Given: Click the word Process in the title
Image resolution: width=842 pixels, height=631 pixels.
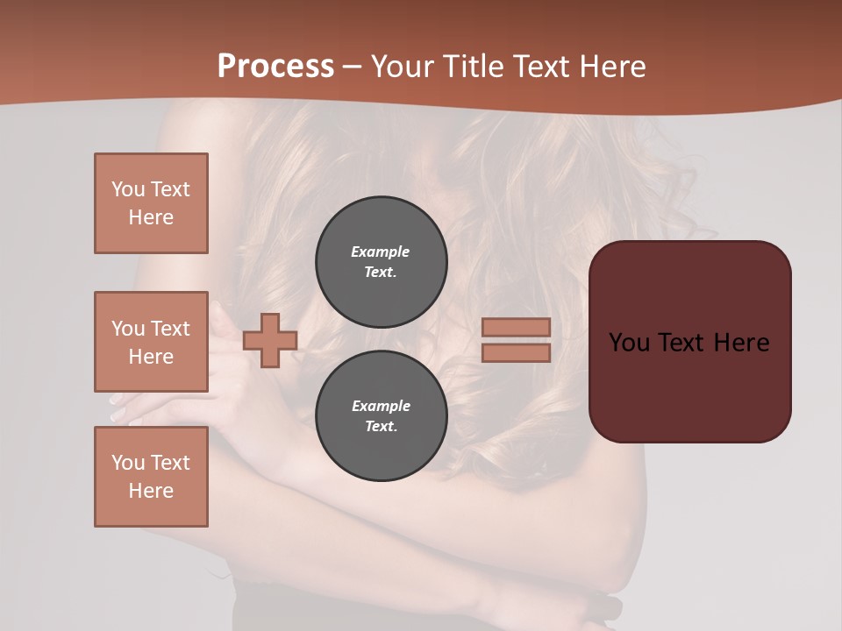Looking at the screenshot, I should click(x=275, y=67).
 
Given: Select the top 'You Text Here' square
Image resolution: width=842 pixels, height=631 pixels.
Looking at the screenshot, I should click(x=151, y=203).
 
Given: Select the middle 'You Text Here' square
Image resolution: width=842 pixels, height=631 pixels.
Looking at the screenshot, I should click(x=151, y=342).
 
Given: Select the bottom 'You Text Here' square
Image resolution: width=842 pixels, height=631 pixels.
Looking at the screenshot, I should click(x=151, y=477).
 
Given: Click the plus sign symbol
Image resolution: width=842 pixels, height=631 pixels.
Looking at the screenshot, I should click(x=270, y=340).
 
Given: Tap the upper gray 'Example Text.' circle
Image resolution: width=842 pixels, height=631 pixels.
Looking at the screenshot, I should click(x=382, y=262).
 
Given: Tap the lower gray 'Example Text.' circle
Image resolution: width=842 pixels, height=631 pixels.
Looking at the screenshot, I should click(x=382, y=415).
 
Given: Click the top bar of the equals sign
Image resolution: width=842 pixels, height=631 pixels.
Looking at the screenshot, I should click(x=516, y=327).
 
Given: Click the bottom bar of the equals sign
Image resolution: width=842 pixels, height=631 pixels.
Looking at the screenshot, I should click(x=516, y=352).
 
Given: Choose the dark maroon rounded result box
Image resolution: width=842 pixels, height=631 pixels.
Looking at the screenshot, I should click(x=689, y=386).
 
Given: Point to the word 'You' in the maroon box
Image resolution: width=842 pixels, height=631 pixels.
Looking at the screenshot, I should click(x=629, y=343).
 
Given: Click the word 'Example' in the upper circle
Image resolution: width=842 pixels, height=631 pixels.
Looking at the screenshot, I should click(x=381, y=252).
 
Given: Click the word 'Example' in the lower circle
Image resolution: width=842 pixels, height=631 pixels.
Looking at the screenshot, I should click(x=381, y=406).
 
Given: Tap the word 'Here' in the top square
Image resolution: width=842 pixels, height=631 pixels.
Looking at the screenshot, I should click(x=151, y=217).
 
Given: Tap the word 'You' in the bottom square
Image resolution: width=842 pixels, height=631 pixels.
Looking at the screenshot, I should click(x=128, y=463).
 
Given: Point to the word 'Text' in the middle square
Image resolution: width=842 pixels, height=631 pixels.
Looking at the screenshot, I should click(x=170, y=329).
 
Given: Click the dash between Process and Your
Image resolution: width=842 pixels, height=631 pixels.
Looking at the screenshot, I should click(x=353, y=67).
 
